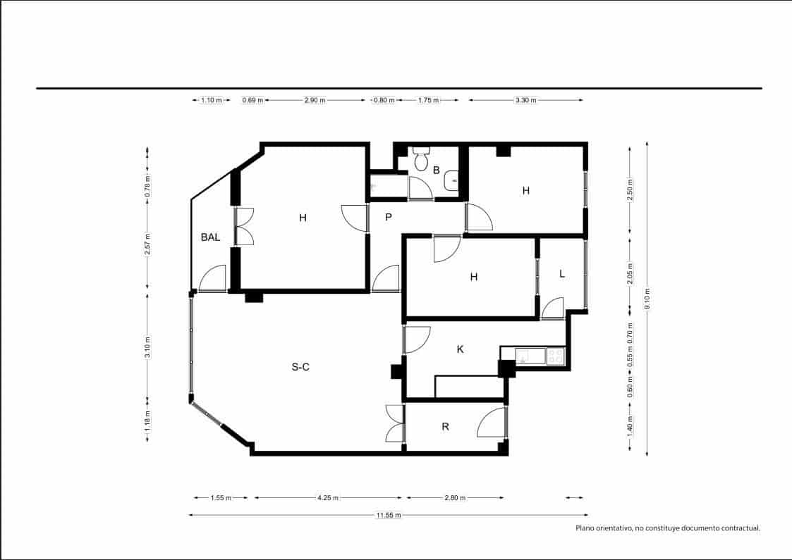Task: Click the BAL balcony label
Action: pos(210,237)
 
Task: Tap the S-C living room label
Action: pos(300,366)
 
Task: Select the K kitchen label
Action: pos(460,349)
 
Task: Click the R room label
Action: pos(445,426)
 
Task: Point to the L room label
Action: pos(561,274)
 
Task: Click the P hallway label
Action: pos(388,218)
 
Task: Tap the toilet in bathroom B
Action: pos(421,160)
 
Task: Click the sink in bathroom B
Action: pos(451,181)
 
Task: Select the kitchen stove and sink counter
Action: pos(540,356)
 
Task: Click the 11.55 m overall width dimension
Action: pos(388,515)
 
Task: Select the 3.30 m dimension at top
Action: pos(525,100)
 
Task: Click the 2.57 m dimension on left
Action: pos(147,244)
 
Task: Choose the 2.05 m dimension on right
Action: pos(630,272)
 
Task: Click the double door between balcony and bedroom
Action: pos(244,226)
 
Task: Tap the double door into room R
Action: pos(394,423)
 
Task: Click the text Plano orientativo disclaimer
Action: pos(667,528)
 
